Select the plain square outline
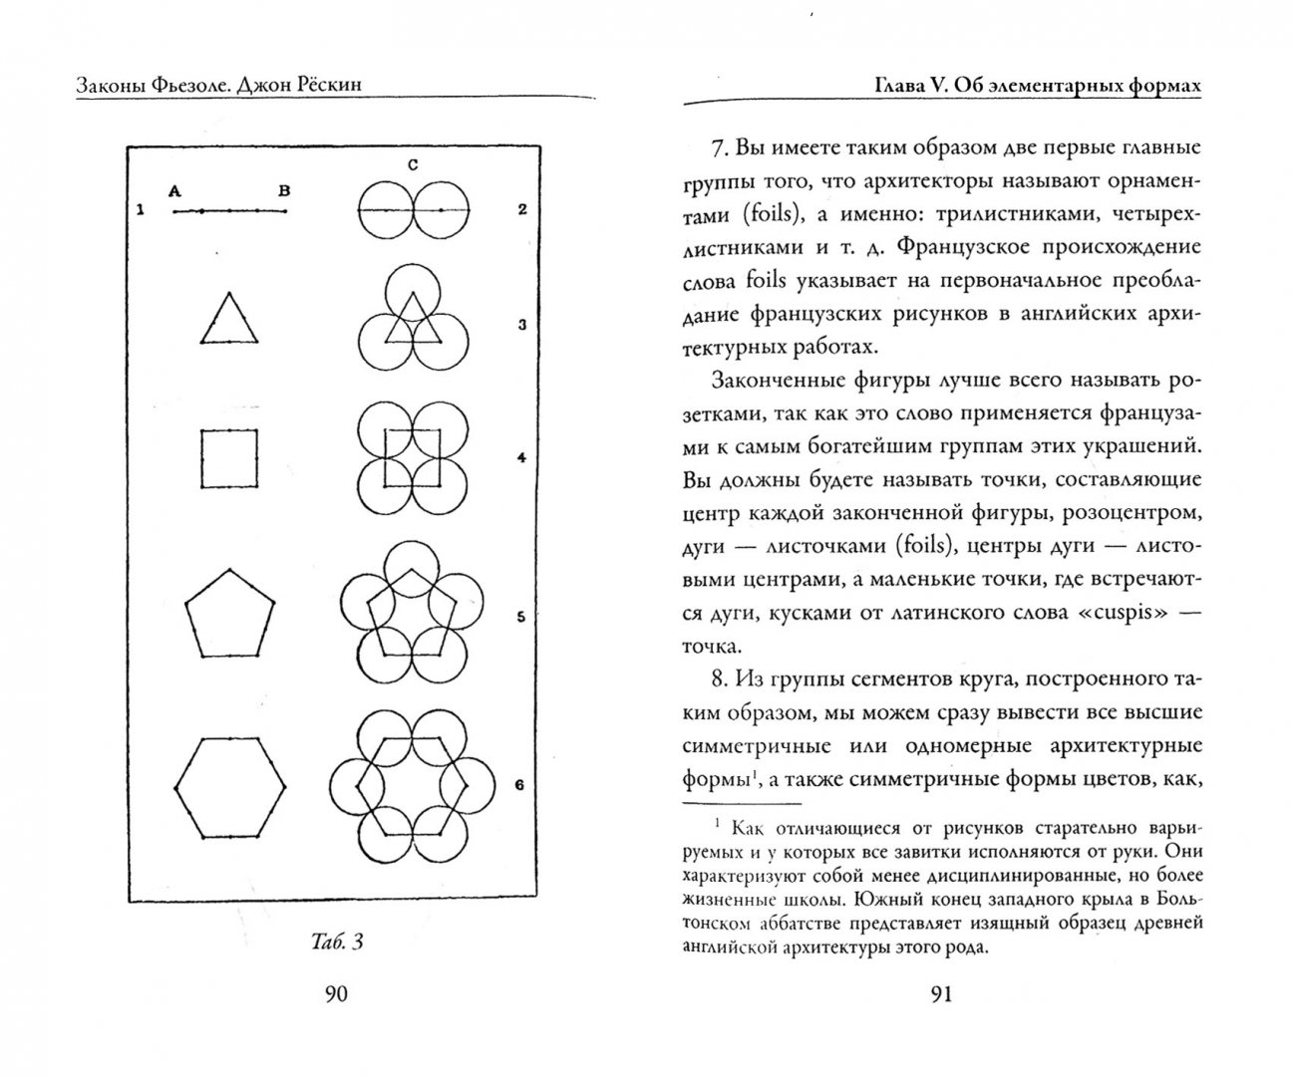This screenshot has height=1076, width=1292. tap(229, 458)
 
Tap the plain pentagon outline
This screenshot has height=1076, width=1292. tap(229, 615)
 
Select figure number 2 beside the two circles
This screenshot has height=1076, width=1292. tap(521, 209)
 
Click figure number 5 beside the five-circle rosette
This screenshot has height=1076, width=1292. tap(519, 617)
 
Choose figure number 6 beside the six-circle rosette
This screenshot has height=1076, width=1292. tap(519, 785)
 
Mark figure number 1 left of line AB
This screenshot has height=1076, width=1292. tap(142, 210)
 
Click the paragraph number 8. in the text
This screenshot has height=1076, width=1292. tap(721, 679)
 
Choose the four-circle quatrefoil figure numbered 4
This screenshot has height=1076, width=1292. tap(412, 458)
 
